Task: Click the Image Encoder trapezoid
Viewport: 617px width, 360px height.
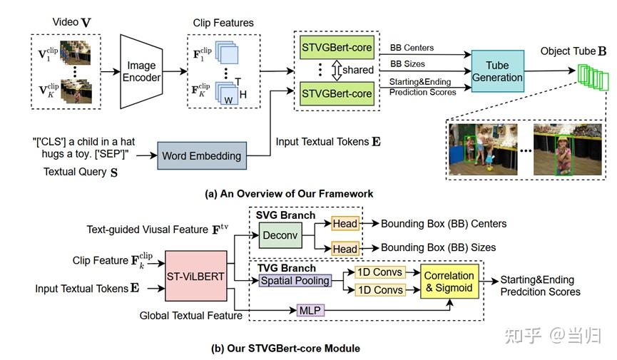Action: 141,71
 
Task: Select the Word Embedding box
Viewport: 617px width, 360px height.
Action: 202,156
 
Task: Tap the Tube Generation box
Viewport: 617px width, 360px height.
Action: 497,71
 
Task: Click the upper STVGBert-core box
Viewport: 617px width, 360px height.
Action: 337,48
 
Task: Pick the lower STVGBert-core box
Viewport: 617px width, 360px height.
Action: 337,93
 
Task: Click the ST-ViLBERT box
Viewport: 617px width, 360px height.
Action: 196,276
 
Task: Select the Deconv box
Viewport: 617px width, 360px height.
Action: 280,235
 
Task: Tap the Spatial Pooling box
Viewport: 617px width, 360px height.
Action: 295,281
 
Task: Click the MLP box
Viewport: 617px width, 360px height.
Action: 310,310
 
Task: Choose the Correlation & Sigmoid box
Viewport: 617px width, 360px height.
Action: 449,282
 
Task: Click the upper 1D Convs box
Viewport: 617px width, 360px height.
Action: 379,272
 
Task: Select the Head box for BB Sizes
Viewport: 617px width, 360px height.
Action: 345,249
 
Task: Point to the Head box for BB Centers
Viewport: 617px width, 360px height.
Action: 345,223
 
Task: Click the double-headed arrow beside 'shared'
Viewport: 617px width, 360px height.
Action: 337,70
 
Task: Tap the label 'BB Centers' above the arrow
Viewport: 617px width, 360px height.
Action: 412,48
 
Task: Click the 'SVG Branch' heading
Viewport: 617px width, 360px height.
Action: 286,215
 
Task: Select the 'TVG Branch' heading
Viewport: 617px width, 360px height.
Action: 287,268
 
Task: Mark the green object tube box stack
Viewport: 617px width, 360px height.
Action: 593,78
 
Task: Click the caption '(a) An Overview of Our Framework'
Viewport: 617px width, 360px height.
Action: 289,194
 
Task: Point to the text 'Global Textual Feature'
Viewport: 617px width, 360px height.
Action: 191,316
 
